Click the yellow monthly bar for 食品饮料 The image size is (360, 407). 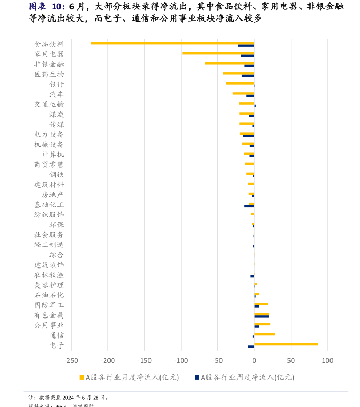[172, 43]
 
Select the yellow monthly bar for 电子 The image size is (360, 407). [286, 344]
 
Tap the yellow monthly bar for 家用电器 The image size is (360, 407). [218, 53]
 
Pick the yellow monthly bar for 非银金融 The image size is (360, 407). [229, 63]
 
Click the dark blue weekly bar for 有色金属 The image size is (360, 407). [262, 316]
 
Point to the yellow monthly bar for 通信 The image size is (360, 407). [264, 334]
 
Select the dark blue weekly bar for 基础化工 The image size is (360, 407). [249, 206]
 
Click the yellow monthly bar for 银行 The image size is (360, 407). [240, 83]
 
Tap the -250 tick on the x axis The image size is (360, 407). [71, 361]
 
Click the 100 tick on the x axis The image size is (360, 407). [327, 361]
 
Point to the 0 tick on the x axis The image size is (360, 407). [254, 361]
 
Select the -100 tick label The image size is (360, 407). [181, 361]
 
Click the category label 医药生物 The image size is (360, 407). [49, 74]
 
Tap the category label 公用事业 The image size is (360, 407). [49, 325]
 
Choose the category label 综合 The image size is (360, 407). [57, 255]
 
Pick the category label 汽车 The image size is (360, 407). [57, 94]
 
